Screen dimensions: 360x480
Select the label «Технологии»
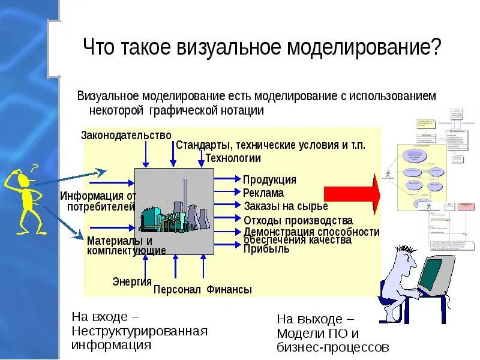coord(233,158)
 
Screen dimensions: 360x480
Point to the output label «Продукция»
coord(269,180)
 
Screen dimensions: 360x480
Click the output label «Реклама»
coord(263,193)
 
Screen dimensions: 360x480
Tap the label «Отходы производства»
coord(298,221)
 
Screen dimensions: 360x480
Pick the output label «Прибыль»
coord(266,249)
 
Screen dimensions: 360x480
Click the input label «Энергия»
coord(131,281)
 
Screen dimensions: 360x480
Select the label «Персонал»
coord(177,290)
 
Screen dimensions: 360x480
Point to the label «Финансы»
coord(229,290)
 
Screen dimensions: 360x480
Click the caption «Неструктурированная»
coord(139,331)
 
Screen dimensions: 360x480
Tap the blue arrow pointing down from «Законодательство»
coord(144,154)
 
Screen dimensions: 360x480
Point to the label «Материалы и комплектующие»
coord(126,245)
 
